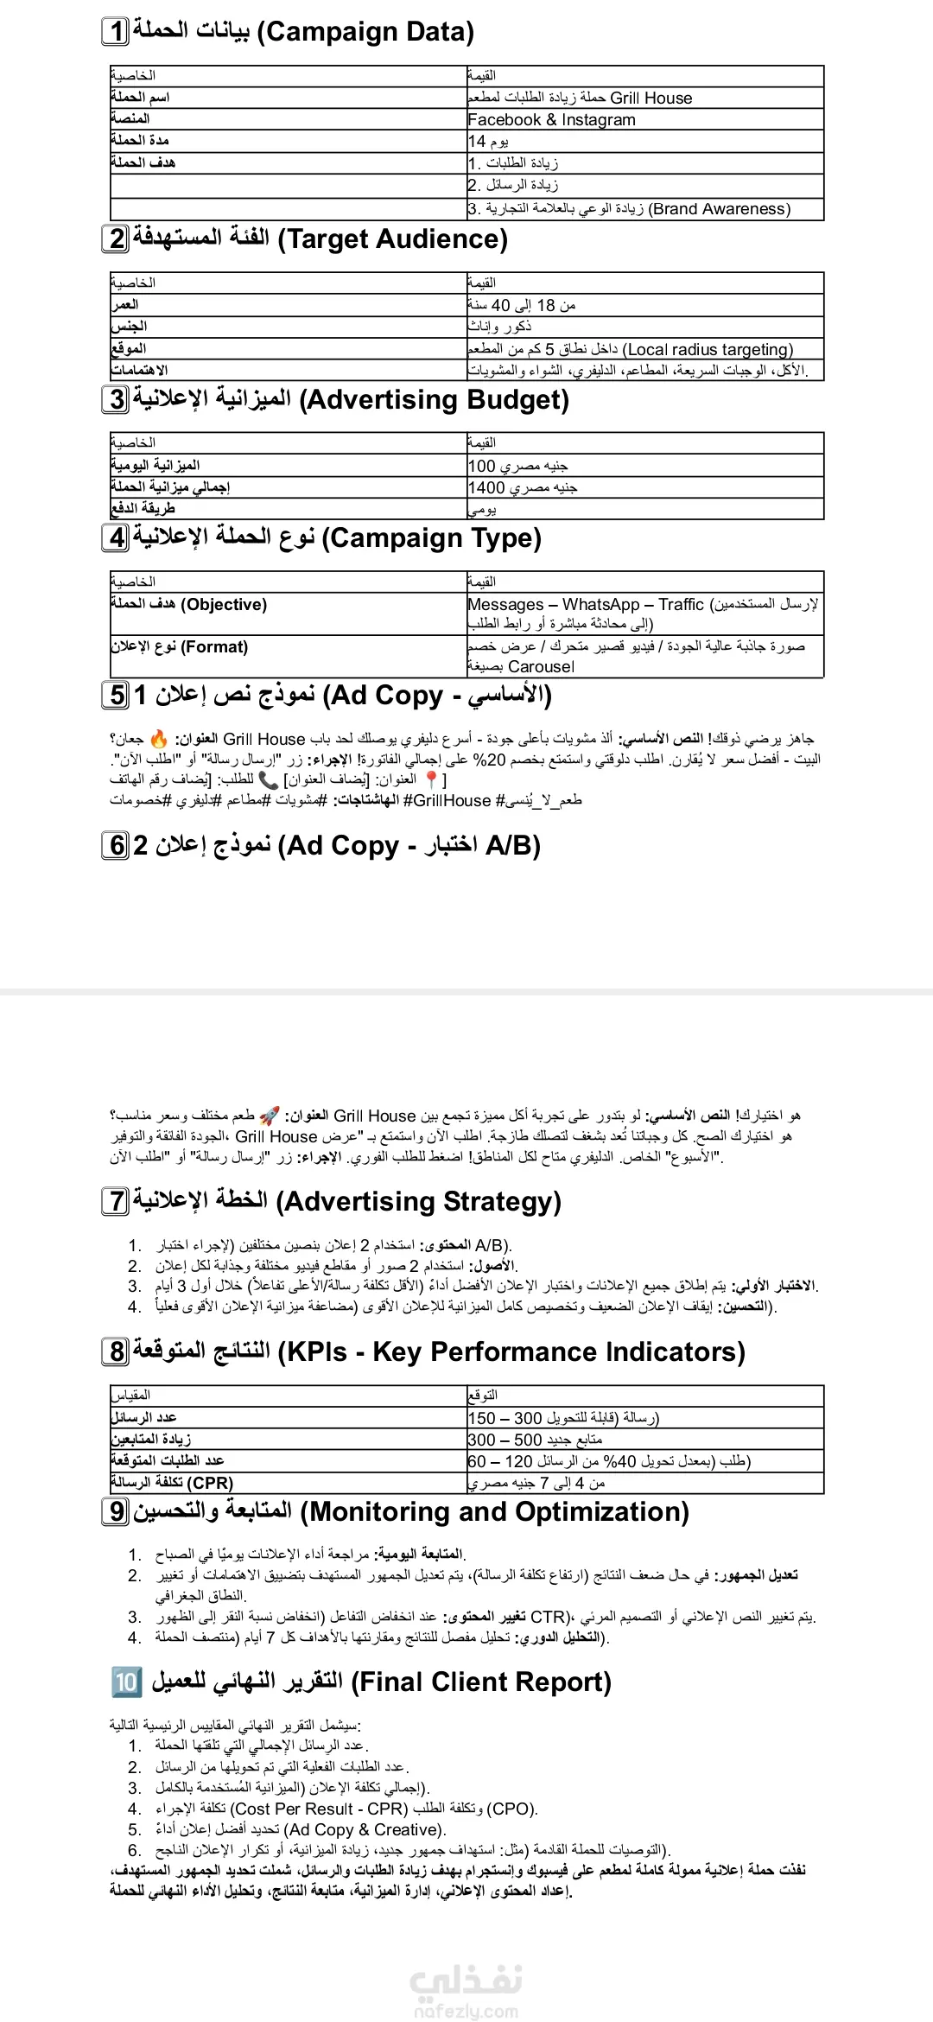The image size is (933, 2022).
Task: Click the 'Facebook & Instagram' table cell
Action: pos(551,120)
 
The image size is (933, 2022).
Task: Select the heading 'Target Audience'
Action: pos(392,239)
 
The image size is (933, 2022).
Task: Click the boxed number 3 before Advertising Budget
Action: pos(116,400)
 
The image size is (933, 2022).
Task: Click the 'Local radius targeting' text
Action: pos(708,350)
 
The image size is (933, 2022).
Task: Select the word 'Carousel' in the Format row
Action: pos(541,667)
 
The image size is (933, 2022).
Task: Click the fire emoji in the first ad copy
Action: pos(159,740)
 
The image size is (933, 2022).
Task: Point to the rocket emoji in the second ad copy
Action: pos(270,1116)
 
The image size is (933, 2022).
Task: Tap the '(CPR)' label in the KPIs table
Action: pos(211,1483)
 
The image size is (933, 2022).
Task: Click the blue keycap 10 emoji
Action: pos(126,1682)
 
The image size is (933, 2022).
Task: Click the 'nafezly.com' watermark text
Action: pos(466,2012)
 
